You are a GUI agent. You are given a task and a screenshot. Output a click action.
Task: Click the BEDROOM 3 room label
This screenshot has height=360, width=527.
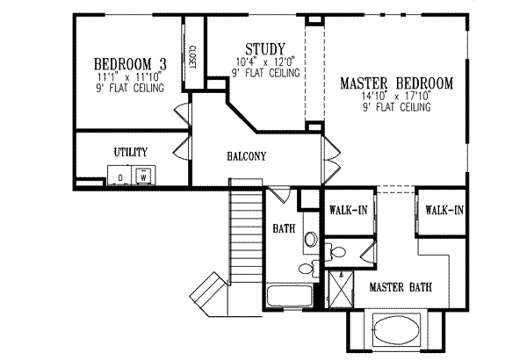pyautogui.click(x=131, y=63)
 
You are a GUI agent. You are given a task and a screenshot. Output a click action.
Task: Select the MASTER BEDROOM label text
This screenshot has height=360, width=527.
pyautogui.click(x=396, y=84)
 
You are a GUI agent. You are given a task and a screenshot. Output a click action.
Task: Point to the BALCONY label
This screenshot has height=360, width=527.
pyautogui.click(x=247, y=156)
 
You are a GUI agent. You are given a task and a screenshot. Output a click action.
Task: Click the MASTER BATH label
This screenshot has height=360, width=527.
pyautogui.click(x=399, y=287)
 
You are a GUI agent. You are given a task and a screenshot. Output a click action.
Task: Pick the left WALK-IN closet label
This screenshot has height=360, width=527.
pyautogui.click(x=348, y=211)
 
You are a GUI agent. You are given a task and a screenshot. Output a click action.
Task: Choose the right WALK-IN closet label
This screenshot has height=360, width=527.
pyautogui.click(x=443, y=210)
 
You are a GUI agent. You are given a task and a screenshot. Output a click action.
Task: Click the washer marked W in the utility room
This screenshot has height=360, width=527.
pyautogui.click(x=142, y=176)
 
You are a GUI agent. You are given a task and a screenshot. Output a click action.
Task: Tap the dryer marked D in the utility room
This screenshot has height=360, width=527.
pyautogui.click(x=120, y=176)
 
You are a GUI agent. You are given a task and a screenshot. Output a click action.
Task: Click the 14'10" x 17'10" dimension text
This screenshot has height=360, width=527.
pyautogui.click(x=396, y=97)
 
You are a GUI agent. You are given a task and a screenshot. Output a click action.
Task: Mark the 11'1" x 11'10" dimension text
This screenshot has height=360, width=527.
pyautogui.click(x=131, y=76)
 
